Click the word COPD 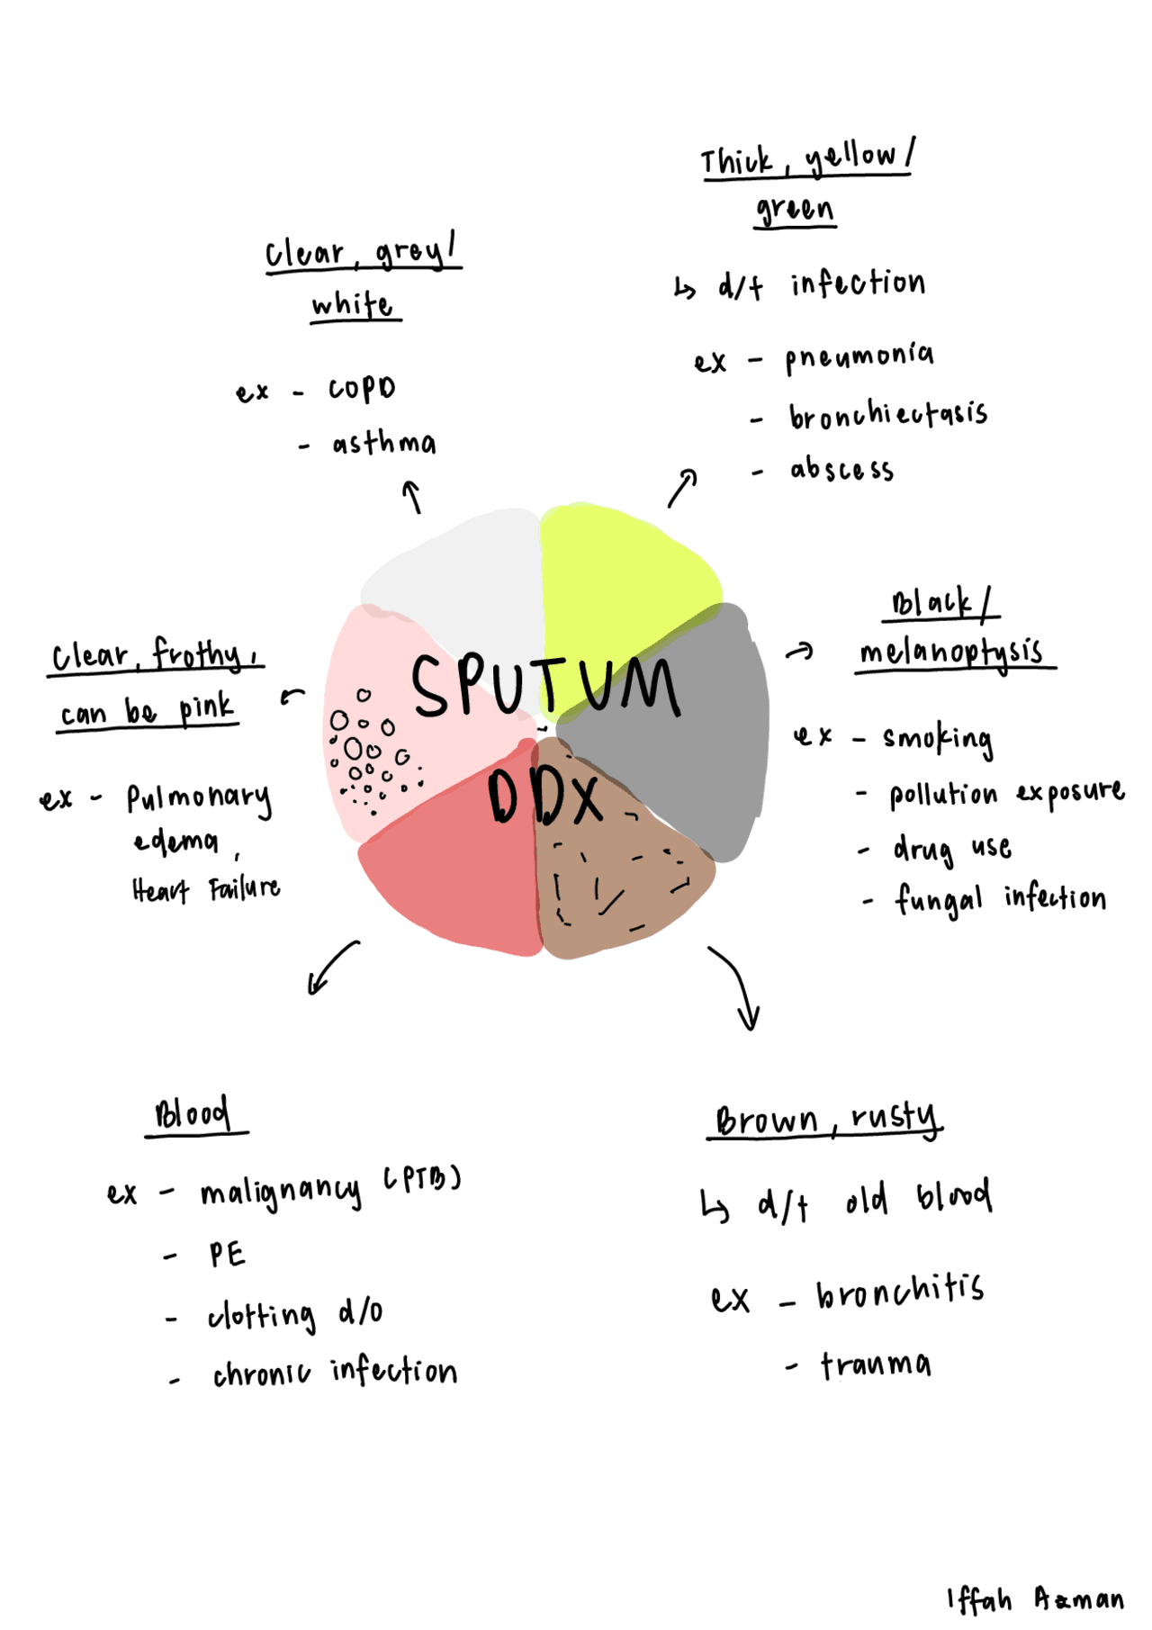362,389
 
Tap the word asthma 384,443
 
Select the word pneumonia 859,357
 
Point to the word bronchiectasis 888,415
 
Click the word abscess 841,470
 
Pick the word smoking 938,739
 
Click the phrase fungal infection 1000,898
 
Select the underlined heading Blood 193,1114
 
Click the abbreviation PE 227,1255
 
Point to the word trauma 876,1365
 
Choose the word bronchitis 900,1292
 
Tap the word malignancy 281,1192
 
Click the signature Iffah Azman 1035,1598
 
